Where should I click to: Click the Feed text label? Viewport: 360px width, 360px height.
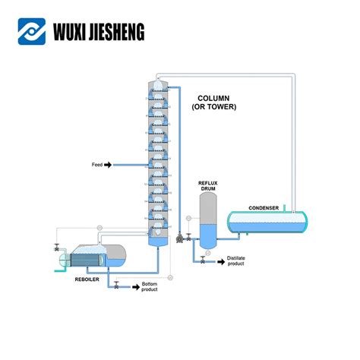coord(96,164)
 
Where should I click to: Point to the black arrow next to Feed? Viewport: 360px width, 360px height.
coord(108,164)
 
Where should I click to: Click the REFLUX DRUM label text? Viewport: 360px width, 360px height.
coord(208,186)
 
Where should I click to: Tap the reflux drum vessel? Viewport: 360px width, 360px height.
coord(208,220)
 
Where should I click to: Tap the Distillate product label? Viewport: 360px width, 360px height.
coord(236,261)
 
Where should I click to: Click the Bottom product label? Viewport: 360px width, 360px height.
coord(150,287)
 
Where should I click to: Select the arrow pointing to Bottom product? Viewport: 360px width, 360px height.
coord(133,286)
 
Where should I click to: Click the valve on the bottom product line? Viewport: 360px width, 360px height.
coord(115,286)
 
